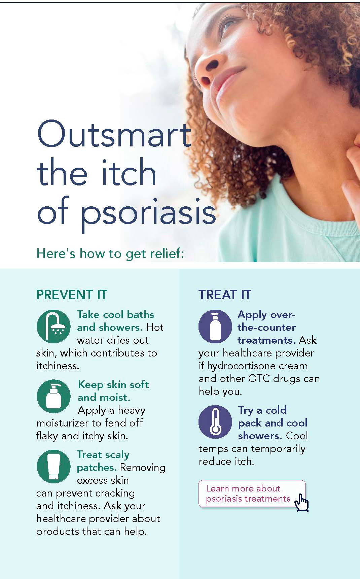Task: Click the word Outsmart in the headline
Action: tap(114, 134)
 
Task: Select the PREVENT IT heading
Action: tap(72, 295)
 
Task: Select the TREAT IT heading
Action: tap(225, 295)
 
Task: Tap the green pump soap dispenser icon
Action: tap(54, 397)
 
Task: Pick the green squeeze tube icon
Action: tap(54, 467)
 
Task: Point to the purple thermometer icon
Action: tap(215, 422)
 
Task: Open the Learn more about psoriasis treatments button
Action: tap(252, 493)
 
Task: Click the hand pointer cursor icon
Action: tap(301, 503)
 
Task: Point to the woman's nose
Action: tap(207, 69)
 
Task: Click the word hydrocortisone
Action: tap(257, 366)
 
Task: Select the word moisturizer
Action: tap(64, 423)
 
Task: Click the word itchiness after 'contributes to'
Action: tap(58, 366)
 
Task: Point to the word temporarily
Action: tap(278, 449)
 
